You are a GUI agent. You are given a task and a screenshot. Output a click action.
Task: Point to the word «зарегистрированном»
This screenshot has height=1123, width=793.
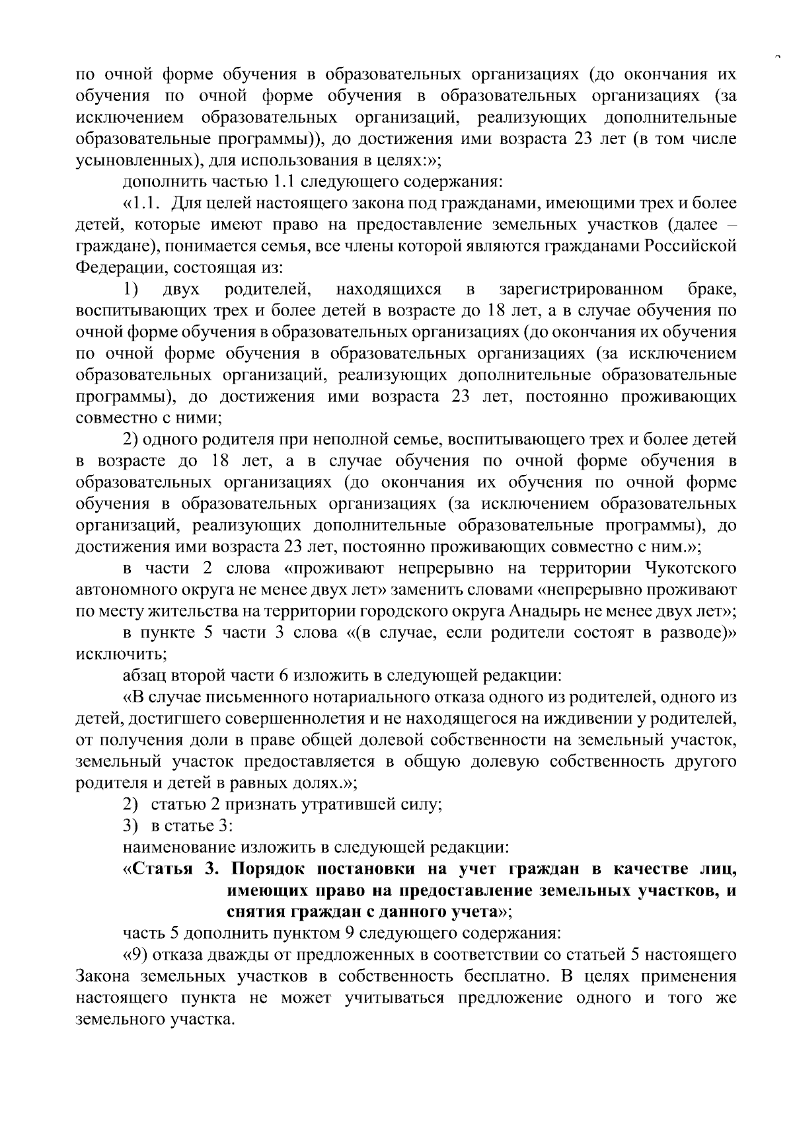point(582,289)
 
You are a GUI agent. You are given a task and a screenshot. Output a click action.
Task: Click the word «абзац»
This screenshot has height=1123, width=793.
point(145,676)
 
